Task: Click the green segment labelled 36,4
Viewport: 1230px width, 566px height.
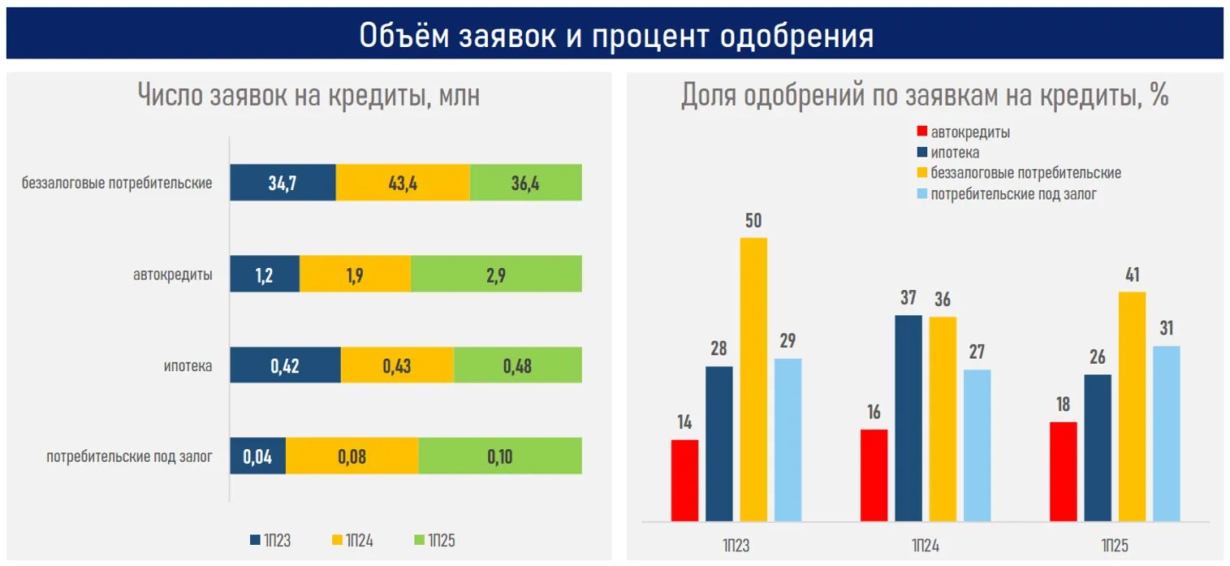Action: click(x=525, y=183)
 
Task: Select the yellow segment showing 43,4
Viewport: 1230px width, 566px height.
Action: click(x=403, y=183)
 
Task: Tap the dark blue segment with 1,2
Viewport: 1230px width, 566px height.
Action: click(x=265, y=274)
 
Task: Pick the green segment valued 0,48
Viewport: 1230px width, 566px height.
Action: click(x=517, y=365)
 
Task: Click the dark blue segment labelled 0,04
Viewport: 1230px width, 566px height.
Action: click(x=257, y=456)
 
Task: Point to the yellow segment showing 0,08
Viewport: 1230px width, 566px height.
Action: click(x=352, y=456)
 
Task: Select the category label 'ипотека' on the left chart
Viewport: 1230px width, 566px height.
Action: click(x=188, y=366)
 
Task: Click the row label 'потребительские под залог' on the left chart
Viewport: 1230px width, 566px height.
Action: click(x=130, y=457)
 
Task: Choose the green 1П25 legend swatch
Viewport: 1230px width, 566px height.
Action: click(x=420, y=540)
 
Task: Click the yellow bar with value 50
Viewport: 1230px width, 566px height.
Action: click(x=753, y=378)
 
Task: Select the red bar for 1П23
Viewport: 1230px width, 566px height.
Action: click(x=684, y=480)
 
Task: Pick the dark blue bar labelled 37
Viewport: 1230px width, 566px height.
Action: click(x=908, y=417)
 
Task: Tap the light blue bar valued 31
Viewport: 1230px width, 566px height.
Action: click(x=1166, y=433)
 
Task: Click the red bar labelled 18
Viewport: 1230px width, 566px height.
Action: click(x=1063, y=471)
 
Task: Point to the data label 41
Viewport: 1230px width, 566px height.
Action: click(x=1131, y=275)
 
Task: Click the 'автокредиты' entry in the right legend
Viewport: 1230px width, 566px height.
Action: click(x=970, y=132)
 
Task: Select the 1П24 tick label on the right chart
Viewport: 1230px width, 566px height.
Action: click(x=925, y=545)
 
